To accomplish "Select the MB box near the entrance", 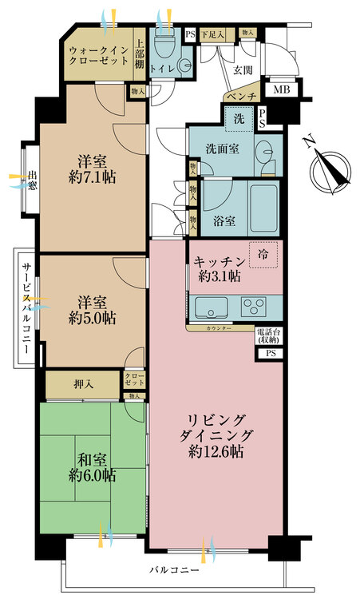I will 282,89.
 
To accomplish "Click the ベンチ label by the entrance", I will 240,97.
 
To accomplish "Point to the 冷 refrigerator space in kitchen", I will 263,253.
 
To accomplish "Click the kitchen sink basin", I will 209,307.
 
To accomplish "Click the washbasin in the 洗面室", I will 266,149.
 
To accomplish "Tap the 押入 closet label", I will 84,385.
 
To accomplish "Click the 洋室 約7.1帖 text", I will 92,169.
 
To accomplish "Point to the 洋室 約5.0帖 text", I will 92,309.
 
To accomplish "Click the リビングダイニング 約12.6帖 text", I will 216,435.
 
